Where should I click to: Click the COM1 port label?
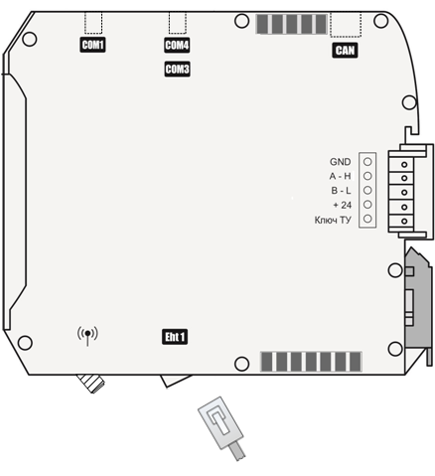[x=92, y=45]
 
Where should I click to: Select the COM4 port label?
[x=177, y=45]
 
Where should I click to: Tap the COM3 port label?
[x=177, y=70]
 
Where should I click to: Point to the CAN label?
[x=345, y=51]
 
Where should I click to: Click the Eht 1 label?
[x=175, y=337]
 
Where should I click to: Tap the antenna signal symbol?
[x=87, y=335]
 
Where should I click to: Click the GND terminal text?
[x=340, y=162]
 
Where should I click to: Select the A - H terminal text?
[x=340, y=176]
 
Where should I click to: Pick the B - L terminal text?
[x=341, y=191]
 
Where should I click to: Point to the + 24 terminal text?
[x=343, y=206]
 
